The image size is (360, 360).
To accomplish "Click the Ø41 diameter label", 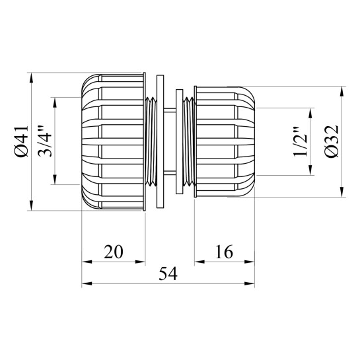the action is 22,141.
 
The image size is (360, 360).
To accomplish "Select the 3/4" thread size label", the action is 45,141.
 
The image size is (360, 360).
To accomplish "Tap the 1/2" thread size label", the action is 301,141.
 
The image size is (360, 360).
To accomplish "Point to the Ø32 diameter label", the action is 332,141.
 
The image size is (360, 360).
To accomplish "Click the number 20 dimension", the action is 114,252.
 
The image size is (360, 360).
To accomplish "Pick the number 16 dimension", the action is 224,252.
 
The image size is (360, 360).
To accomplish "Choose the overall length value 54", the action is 168,273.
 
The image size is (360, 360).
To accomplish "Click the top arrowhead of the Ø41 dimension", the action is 32,78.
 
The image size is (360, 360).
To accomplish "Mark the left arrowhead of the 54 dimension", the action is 87,284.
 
